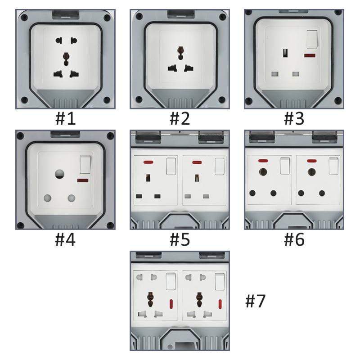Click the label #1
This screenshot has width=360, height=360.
click(65, 118)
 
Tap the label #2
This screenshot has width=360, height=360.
click(180, 118)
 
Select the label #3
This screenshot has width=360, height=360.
click(294, 118)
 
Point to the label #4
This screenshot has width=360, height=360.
click(65, 239)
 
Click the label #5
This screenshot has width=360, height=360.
click(180, 239)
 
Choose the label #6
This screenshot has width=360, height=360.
click(294, 239)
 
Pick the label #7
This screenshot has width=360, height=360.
click(255, 301)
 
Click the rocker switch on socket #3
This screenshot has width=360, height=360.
click(312, 40)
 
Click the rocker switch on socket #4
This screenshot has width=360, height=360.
click(85, 164)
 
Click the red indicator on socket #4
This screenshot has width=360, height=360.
click(82, 180)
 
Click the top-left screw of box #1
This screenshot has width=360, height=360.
click(24, 18)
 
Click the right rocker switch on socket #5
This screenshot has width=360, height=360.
click(219, 166)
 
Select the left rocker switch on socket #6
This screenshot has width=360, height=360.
click(285, 166)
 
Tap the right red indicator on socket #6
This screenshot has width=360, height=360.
click(311, 161)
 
